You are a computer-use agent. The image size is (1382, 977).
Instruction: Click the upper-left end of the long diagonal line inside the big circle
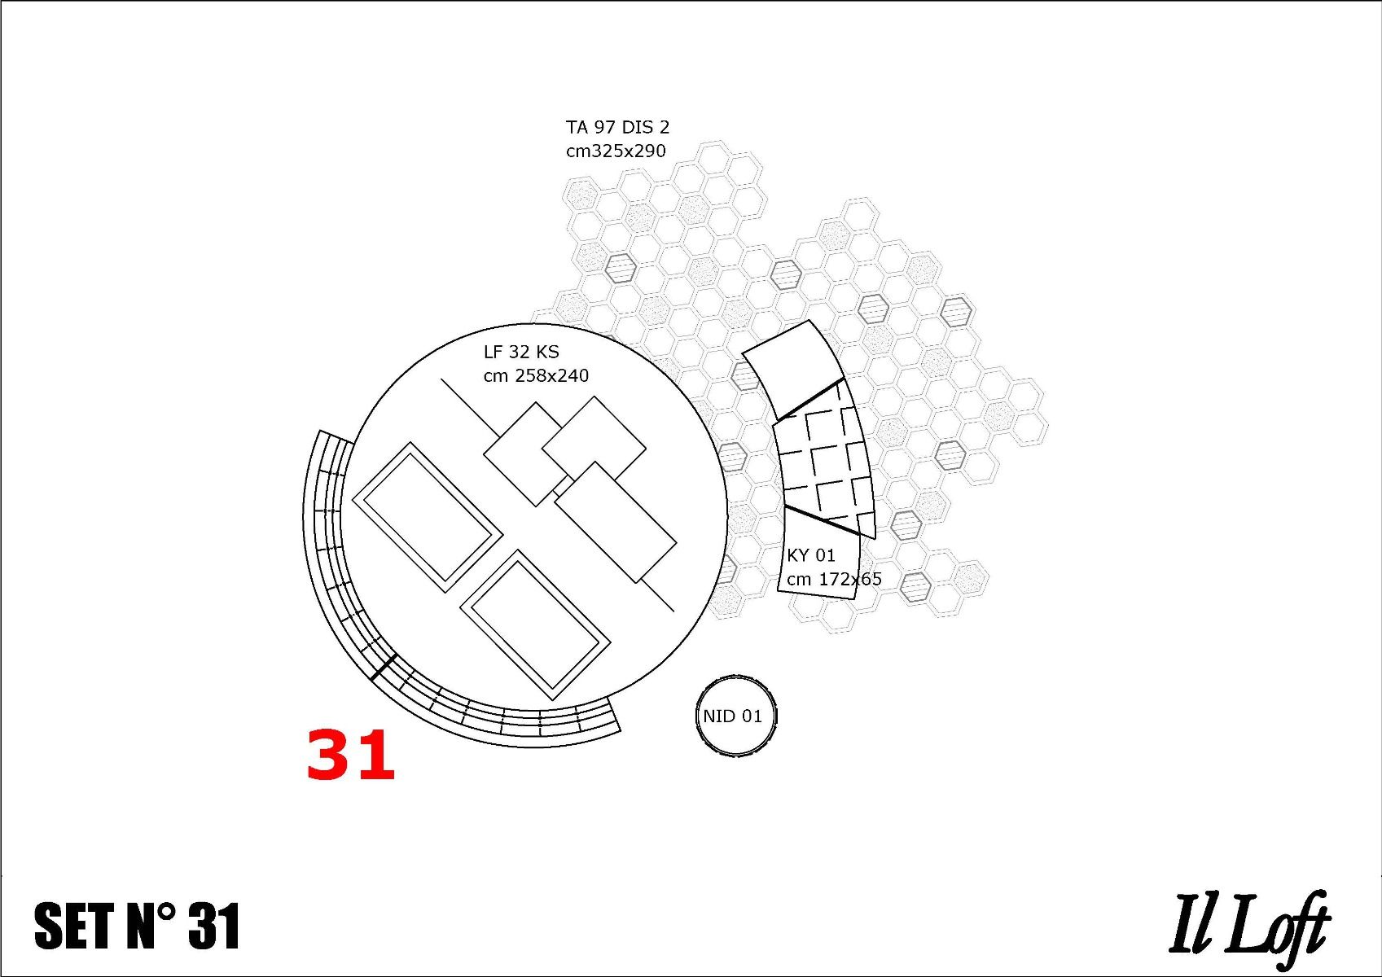[x=441, y=379]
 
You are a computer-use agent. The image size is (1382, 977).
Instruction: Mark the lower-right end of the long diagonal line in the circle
[x=673, y=611]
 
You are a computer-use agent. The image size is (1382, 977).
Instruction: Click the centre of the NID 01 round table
[x=736, y=716]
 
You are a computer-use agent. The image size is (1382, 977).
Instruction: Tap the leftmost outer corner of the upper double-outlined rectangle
[x=353, y=500]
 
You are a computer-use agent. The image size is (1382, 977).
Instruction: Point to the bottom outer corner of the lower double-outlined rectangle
[x=554, y=701]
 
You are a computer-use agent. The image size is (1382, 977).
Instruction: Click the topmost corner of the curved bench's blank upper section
[x=809, y=320]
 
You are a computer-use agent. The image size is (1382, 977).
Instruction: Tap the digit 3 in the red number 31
[x=331, y=755]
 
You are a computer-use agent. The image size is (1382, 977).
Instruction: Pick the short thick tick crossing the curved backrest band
[x=384, y=668]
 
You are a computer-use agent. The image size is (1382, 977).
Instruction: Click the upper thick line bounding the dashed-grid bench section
[x=810, y=400]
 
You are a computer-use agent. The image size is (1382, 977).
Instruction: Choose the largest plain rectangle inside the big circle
[x=616, y=522]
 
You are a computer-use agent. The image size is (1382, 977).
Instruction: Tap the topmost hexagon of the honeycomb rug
[x=715, y=151]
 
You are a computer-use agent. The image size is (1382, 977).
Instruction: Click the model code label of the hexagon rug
[x=617, y=127]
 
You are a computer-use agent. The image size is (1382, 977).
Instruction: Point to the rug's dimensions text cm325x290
[x=616, y=151]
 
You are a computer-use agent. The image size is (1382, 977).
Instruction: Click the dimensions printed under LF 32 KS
[x=536, y=375]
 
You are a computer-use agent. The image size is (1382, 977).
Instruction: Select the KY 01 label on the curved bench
[x=810, y=555]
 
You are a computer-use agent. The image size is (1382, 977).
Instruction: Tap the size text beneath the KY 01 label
[x=834, y=579]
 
